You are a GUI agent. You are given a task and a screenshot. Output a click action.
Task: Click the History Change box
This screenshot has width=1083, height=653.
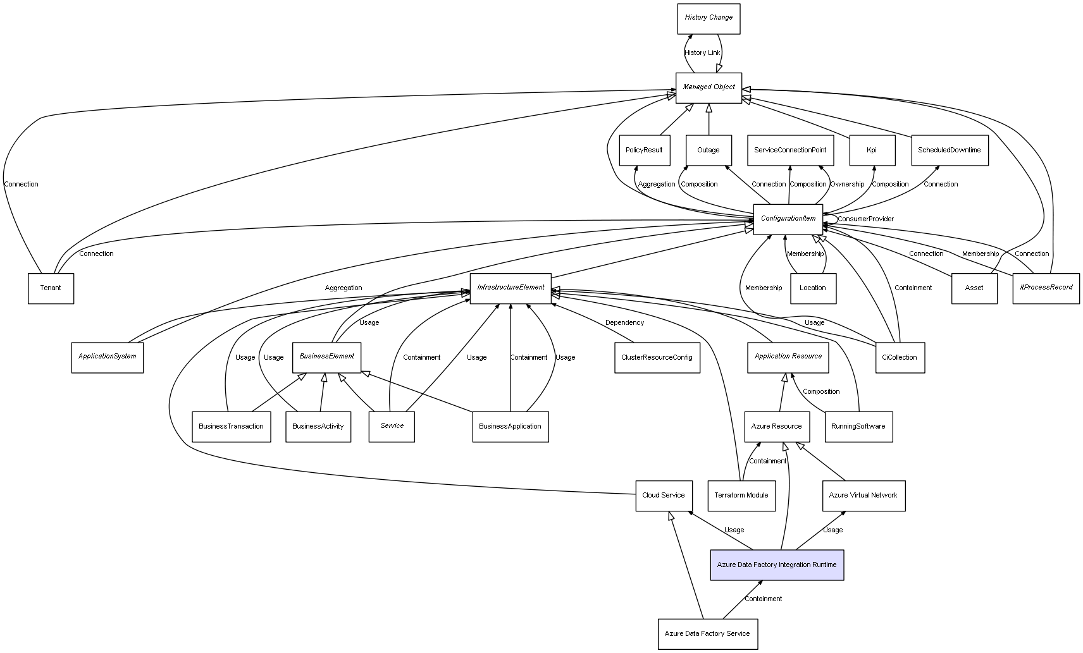[709, 19]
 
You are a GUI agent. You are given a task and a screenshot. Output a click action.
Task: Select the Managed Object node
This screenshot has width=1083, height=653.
[709, 88]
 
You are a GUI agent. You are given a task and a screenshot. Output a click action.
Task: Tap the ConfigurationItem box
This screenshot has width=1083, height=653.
[788, 219]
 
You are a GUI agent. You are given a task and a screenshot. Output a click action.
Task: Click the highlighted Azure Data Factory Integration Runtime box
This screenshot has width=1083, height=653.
[777, 565]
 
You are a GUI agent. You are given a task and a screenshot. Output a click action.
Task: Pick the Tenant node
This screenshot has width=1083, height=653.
[51, 288]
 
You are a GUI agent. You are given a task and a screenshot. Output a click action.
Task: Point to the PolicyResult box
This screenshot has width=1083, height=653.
[644, 150]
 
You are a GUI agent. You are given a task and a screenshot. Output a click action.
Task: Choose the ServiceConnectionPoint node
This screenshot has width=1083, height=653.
[790, 150]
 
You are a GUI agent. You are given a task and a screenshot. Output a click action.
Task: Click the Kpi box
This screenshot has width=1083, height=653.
[872, 150]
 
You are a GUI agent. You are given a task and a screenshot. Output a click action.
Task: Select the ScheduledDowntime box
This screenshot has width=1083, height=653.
[950, 150]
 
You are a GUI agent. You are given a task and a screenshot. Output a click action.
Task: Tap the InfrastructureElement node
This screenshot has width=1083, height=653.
[511, 288]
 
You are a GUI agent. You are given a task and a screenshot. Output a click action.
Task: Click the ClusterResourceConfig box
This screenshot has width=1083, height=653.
[657, 358]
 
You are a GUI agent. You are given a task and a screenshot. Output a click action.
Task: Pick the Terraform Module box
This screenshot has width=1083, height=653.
[741, 496]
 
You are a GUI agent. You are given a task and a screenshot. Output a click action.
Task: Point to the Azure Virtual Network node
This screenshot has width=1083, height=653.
[863, 496]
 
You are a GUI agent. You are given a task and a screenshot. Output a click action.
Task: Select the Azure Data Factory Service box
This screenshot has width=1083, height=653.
[707, 634]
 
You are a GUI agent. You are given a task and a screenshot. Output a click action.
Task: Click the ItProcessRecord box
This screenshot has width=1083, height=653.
[1046, 288]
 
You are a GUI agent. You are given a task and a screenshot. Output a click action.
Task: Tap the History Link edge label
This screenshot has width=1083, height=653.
[702, 53]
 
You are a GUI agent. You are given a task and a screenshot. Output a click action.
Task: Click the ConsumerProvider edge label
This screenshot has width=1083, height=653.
[866, 219]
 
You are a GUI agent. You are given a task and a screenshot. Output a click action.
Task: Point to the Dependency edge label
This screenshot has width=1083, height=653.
[624, 323]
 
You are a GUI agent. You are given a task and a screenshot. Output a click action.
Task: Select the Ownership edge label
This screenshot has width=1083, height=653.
[847, 185]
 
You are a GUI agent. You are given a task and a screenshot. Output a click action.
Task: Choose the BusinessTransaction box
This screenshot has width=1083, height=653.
[231, 427]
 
